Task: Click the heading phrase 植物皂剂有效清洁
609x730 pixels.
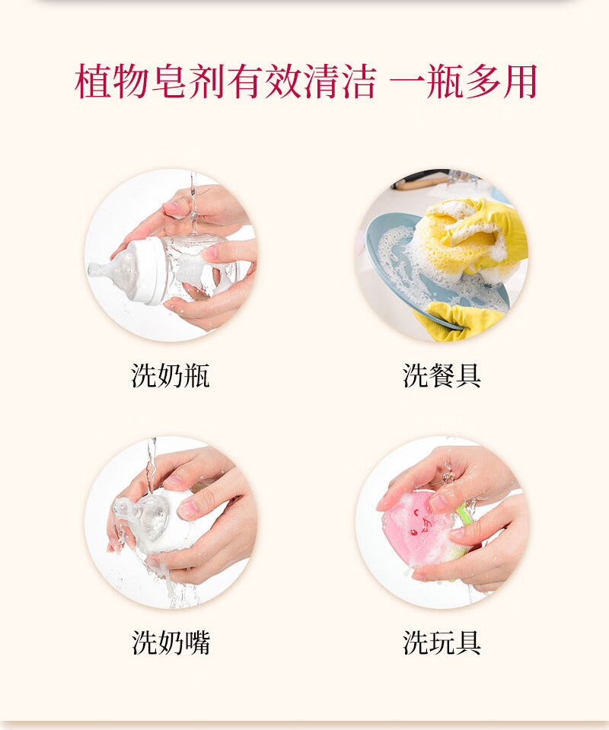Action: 225,82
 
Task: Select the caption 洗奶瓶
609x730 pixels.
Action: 171,375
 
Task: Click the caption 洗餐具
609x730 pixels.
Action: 442,375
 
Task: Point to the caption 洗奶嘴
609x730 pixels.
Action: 171,642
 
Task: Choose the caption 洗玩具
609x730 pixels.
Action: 442,642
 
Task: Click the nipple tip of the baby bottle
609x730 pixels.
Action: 95,269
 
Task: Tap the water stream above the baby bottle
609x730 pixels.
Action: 193,198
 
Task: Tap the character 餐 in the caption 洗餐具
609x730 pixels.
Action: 442,375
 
